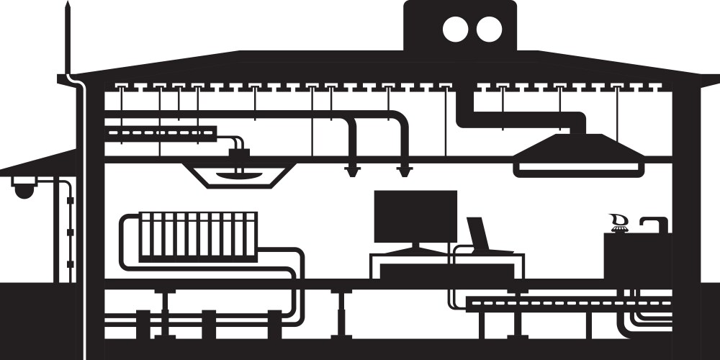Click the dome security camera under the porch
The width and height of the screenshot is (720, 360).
(23, 190)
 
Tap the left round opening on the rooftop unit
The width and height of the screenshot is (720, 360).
(455, 29)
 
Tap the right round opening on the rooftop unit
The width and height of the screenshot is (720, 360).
(490, 29)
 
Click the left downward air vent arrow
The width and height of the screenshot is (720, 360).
(353, 171)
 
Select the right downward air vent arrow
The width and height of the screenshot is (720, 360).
(405, 171)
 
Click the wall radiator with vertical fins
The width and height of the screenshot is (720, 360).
(198, 235)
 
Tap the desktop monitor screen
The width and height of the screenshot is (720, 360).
(415, 216)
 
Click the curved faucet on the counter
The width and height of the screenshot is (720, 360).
(654, 223)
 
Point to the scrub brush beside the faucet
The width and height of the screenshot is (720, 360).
(618, 222)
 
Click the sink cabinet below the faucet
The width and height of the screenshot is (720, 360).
(637, 256)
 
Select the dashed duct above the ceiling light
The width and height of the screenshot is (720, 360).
(160, 132)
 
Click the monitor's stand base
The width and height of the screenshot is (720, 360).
(415, 250)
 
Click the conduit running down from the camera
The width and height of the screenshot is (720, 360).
(69, 230)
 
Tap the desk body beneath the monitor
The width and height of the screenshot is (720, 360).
(446, 271)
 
